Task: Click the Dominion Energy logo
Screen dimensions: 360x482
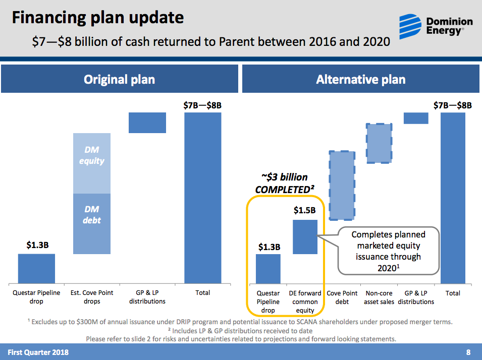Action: pos(436,25)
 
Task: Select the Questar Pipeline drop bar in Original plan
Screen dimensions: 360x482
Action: pos(36,268)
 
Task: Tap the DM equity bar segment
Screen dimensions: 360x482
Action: pos(92,163)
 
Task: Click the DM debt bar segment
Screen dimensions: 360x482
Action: pos(92,223)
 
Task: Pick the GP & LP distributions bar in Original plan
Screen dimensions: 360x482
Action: pos(147,123)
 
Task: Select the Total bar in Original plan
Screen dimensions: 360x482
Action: pos(203,198)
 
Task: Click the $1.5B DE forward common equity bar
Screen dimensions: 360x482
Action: pos(305,236)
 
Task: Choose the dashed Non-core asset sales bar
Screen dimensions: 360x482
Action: pos(379,143)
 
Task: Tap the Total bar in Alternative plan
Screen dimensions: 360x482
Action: pos(453,198)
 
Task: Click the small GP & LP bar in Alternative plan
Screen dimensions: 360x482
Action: pos(416,118)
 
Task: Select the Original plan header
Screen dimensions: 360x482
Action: pos(119,79)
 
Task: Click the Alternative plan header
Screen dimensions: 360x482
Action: pos(360,79)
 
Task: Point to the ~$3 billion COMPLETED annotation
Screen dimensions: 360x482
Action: pos(285,184)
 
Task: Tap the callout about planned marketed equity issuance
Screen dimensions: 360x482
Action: pos(388,251)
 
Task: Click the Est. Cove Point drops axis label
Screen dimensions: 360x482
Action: pos(92,297)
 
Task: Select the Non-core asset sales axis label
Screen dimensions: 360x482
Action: pos(379,297)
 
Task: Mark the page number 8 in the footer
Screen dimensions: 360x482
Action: pos(468,352)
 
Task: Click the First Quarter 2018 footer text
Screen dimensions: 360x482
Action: pos(38,352)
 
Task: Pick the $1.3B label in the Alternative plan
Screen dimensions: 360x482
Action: pos(269,247)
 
